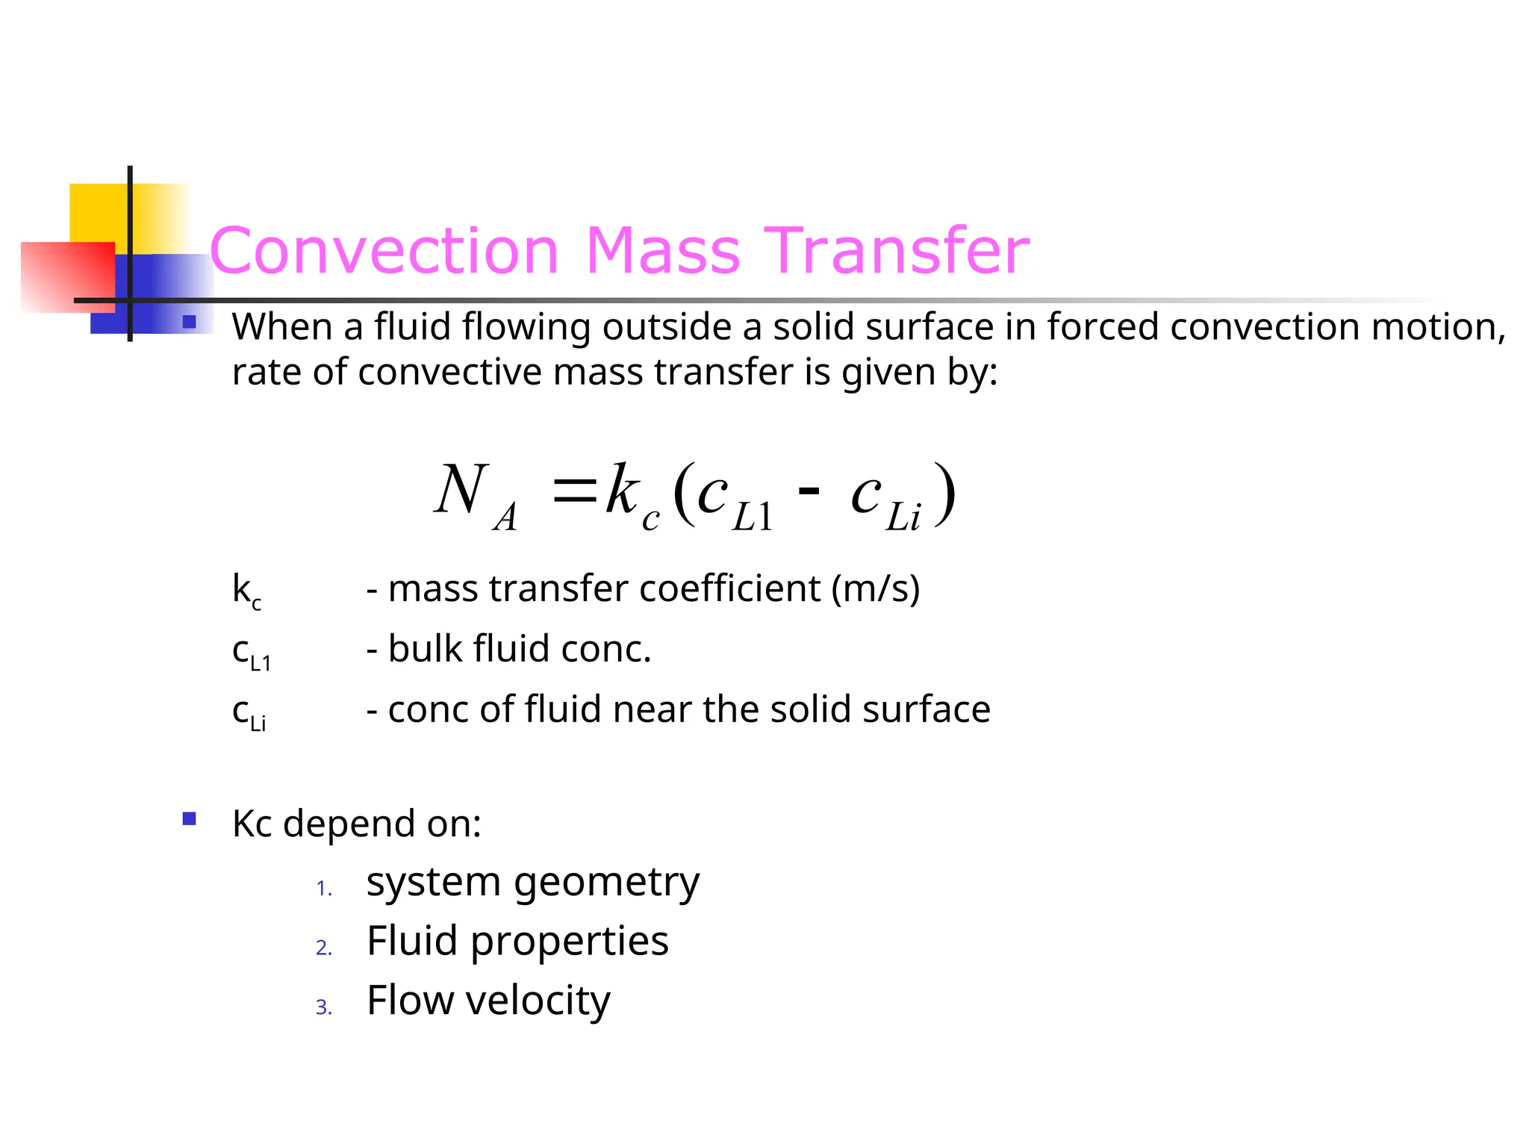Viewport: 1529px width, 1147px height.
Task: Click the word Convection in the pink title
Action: (384, 251)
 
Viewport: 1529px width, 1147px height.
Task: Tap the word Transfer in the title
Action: (899, 251)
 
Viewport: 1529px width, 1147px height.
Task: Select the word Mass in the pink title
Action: (663, 251)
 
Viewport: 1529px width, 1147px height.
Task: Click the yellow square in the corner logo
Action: (97, 212)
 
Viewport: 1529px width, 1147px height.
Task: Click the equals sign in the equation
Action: (574, 491)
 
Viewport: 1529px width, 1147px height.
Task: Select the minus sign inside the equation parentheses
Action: (809, 491)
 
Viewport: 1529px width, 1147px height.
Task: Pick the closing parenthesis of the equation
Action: (945, 493)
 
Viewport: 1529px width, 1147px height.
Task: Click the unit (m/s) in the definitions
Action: (875, 589)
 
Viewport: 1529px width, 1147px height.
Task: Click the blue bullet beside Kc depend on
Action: (190, 819)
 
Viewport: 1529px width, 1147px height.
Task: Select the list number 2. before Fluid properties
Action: (324, 948)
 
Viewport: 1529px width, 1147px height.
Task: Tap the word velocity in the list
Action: (538, 1001)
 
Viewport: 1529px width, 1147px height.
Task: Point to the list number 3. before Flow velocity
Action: (324, 1007)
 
